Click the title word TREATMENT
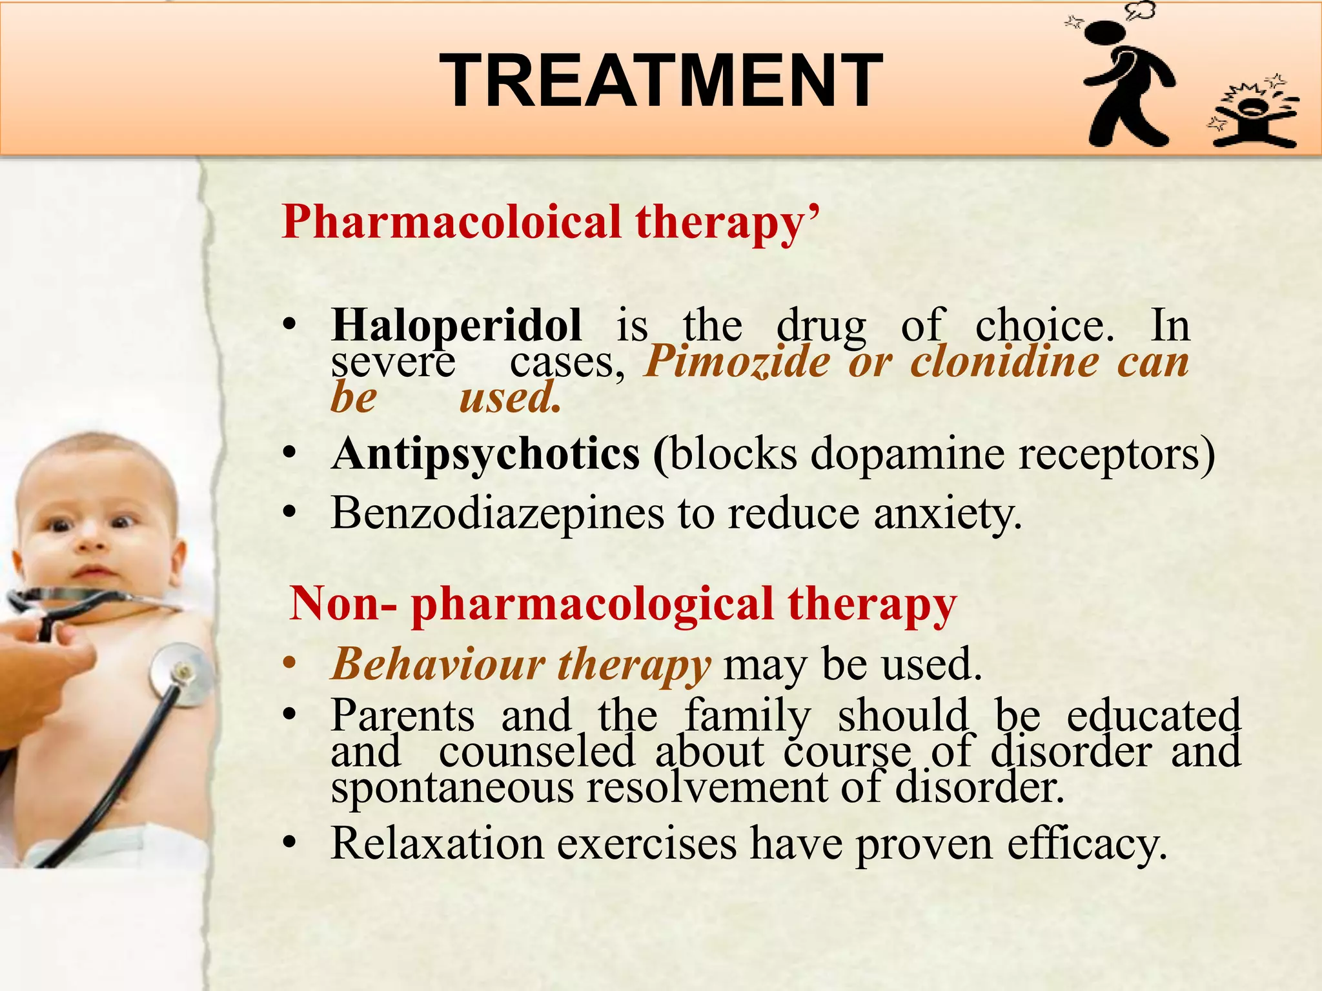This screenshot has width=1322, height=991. (660, 81)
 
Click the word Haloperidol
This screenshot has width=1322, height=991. (456, 325)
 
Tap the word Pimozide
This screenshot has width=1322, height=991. (737, 361)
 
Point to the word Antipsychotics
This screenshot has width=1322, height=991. (485, 454)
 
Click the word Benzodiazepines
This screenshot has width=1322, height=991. (497, 514)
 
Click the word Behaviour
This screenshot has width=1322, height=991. (438, 664)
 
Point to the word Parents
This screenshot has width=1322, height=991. (402, 716)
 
